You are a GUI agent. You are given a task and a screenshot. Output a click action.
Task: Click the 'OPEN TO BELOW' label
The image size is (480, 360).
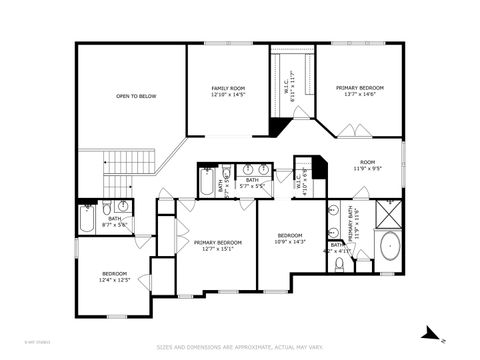pyautogui.click(x=135, y=96)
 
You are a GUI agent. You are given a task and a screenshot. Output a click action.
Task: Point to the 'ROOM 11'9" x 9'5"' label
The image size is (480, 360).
pyautogui.click(x=368, y=165)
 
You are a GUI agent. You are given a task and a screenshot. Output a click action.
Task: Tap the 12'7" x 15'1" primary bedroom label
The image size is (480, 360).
pyautogui.click(x=217, y=245)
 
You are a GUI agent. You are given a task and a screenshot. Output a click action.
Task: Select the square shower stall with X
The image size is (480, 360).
pyautogui.click(x=388, y=213)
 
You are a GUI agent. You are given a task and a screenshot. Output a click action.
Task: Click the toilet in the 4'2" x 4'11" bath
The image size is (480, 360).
pyautogui.click(x=340, y=264)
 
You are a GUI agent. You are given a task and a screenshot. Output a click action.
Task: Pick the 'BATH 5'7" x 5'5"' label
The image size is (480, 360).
pyautogui.click(x=252, y=183)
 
